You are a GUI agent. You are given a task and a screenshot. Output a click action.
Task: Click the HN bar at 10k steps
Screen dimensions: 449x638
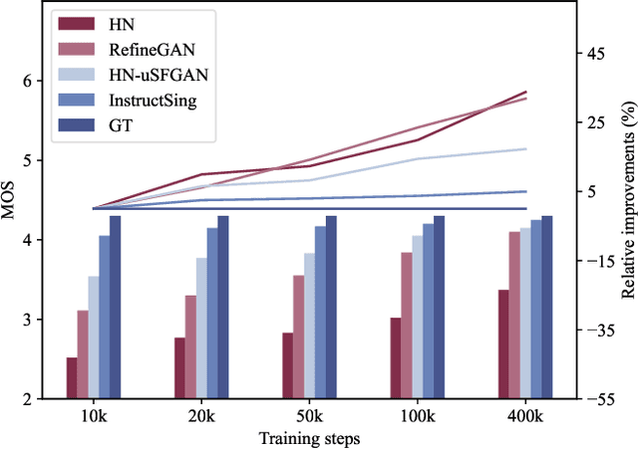[72, 378]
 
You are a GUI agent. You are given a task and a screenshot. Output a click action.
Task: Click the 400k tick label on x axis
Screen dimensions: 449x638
[525, 415]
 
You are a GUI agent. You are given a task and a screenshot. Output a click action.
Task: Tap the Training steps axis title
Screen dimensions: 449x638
[309, 438]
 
